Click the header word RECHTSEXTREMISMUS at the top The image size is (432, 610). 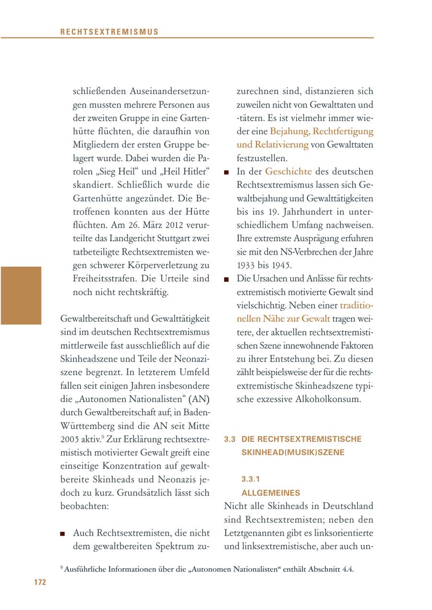tap(109, 32)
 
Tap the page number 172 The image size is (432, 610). tap(40, 582)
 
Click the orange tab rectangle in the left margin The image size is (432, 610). tap(21, 295)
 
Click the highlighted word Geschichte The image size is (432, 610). tap(288, 171)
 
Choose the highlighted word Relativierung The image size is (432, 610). tap(272, 144)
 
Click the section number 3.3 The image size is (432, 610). tap(229, 439)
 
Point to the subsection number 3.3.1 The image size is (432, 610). tap(251, 479)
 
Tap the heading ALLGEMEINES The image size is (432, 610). tap(271, 493)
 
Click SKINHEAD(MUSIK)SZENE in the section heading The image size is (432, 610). tap(293, 453)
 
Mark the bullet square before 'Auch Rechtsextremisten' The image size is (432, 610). tap(63, 534)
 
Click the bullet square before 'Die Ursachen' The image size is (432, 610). tap(227, 280)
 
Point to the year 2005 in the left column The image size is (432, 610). tap(70, 439)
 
